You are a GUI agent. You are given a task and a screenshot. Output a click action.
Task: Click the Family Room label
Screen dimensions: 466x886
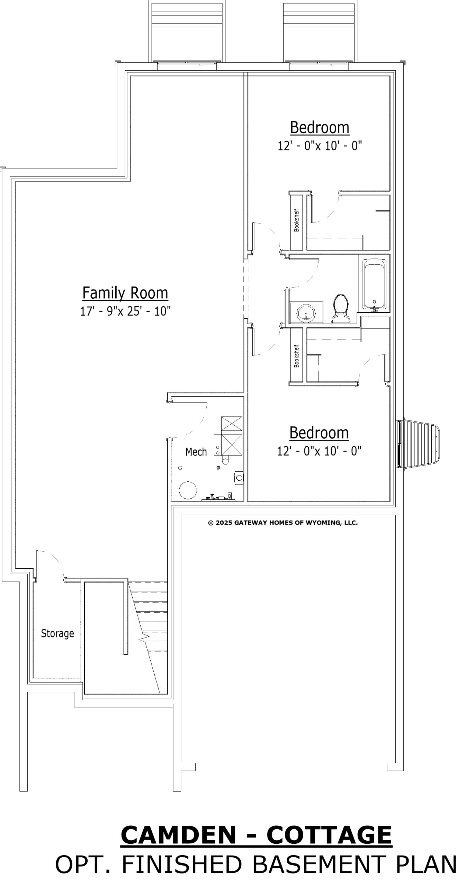click(x=125, y=293)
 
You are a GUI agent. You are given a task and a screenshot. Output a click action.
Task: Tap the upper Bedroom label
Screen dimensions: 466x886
click(x=320, y=127)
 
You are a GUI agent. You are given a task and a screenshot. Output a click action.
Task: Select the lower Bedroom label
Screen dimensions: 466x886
click(x=319, y=433)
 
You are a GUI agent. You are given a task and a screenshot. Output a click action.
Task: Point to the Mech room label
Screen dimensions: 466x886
click(x=196, y=452)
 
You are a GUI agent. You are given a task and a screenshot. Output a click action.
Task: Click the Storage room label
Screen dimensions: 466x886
click(x=57, y=633)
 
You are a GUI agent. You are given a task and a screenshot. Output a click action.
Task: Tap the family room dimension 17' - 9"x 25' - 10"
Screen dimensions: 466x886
click(x=125, y=311)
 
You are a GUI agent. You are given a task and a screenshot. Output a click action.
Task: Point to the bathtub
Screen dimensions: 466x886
click(x=375, y=284)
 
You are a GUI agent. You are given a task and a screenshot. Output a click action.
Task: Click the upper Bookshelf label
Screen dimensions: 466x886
click(x=296, y=220)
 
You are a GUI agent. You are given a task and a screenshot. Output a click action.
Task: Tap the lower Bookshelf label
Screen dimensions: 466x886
click(x=296, y=356)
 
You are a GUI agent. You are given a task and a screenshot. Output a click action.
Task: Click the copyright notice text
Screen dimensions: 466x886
click(x=283, y=523)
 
